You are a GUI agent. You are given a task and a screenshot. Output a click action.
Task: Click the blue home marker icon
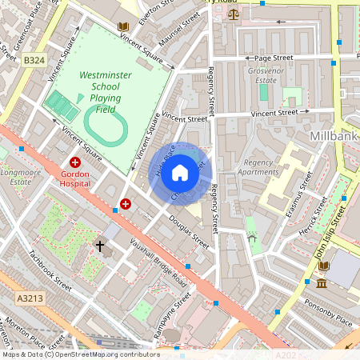pos(180,172)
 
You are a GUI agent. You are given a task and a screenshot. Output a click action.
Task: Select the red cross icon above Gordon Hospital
pos(74,162)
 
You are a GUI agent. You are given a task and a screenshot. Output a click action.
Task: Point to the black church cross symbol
pos(100,246)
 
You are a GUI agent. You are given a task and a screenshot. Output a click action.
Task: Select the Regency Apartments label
pos(258,166)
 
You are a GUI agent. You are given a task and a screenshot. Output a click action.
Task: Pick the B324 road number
pos(34,60)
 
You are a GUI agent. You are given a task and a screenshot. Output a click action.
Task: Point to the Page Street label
pos(274,58)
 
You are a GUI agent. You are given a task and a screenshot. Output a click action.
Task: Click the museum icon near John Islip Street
pos(321,284)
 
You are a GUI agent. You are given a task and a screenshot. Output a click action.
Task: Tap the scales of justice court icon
pos(233,14)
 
